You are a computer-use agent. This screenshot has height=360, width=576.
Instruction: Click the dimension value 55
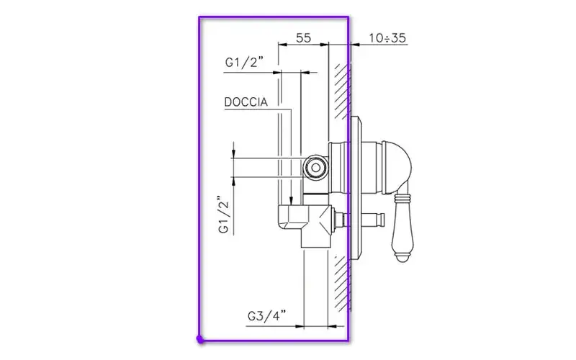coord(303,37)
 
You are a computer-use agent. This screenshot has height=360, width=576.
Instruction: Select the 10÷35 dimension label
coord(387,38)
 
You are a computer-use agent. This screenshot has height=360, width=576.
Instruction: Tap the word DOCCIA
coord(246,102)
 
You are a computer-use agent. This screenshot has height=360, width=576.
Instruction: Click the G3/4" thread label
coord(266,315)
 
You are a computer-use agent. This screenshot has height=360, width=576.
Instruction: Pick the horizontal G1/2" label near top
coord(244,62)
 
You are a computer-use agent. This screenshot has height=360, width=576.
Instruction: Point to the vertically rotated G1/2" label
coord(224,215)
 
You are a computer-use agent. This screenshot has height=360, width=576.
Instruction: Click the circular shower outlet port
coord(315,168)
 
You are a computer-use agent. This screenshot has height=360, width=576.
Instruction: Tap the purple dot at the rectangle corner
coord(200,339)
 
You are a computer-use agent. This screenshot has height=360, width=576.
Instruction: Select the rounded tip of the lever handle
coord(402,259)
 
